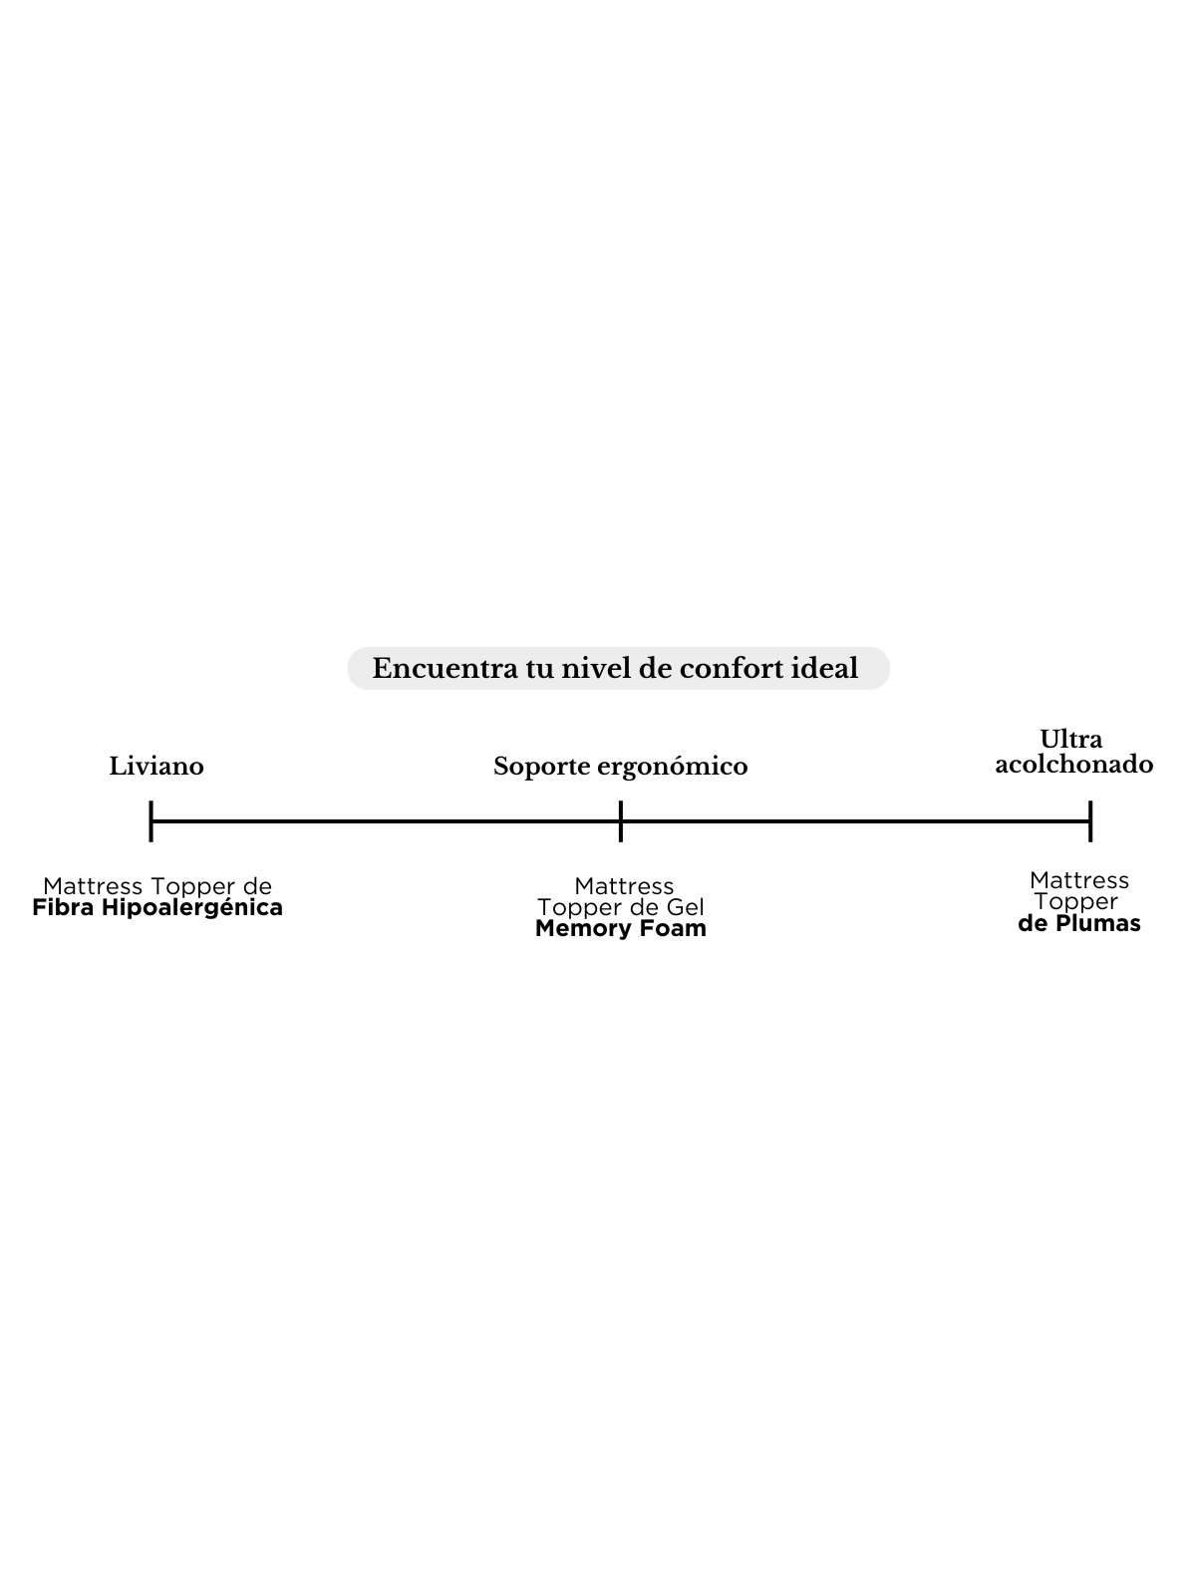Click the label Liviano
pyautogui.click(x=156, y=766)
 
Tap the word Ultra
pyautogui.click(x=1071, y=739)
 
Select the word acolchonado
pyautogui.click(x=1074, y=764)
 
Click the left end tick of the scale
pyautogui.click(x=151, y=821)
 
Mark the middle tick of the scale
pyautogui.click(x=621, y=821)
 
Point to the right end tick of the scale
pyautogui.click(x=1090, y=821)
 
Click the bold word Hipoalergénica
pyautogui.click(x=191, y=908)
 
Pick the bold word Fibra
pyautogui.click(x=63, y=907)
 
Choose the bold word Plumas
pyautogui.click(x=1098, y=923)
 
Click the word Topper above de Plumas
pyautogui.click(x=1076, y=902)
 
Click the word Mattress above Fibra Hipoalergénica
pyautogui.click(x=93, y=886)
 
